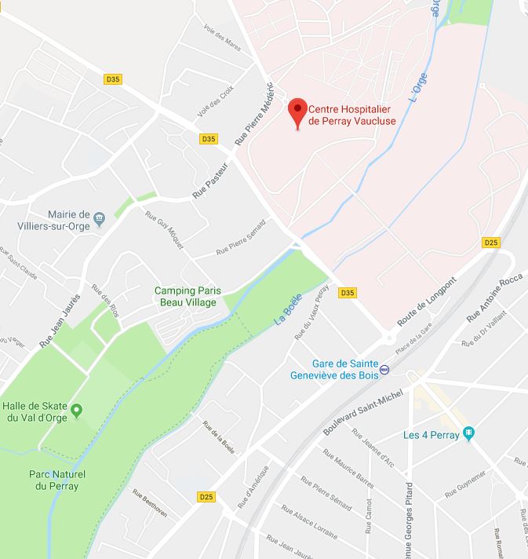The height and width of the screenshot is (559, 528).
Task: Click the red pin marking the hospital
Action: [x=297, y=111]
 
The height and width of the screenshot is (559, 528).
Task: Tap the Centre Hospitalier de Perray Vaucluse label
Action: [x=352, y=115]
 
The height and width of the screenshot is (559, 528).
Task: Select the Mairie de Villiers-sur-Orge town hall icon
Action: [x=99, y=217]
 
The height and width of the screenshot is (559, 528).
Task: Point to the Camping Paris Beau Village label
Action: [x=185, y=296]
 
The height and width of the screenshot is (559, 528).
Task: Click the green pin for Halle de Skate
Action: [x=77, y=410]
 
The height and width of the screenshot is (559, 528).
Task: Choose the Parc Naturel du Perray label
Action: [x=57, y=480]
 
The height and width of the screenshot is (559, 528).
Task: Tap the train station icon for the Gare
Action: [x=384, y=369]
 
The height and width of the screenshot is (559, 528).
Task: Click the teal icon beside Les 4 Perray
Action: [x=469, y=433]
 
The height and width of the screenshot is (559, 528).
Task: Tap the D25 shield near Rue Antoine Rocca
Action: [x=491, y=243]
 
